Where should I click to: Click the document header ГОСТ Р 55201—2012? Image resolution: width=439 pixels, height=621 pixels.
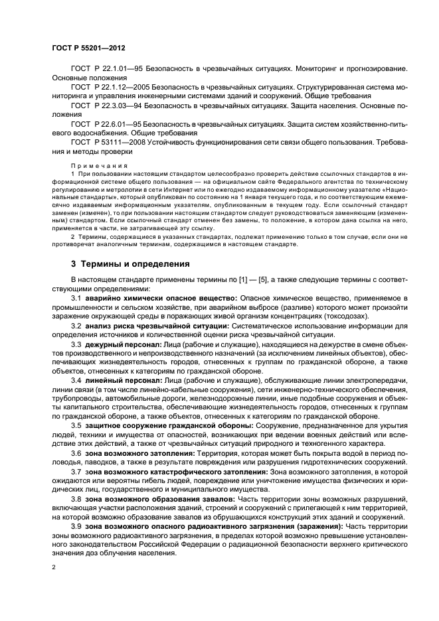[x=89, y=48]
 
